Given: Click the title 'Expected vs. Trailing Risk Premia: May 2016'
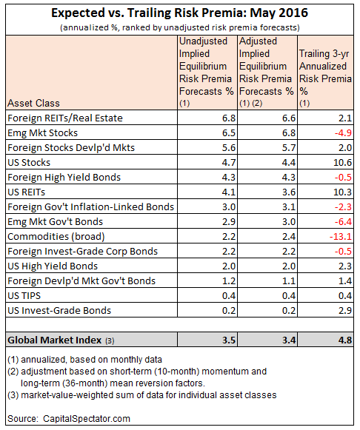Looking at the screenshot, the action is point(180,13).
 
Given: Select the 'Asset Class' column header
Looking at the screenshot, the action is point(33,103).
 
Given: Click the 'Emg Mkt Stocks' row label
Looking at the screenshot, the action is point(42,132).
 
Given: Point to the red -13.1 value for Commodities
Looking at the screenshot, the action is point(341,236).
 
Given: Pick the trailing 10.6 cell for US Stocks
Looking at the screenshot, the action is point(342,162).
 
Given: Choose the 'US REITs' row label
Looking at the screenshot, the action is point(27,192).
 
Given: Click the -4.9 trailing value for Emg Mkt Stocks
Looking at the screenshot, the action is point(343,132).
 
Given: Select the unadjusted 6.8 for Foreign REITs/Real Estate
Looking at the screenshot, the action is point(229,118).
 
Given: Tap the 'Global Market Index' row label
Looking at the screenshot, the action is point(54,340).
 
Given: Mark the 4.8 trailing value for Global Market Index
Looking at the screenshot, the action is point(345,340).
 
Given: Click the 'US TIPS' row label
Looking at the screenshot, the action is point(24,295).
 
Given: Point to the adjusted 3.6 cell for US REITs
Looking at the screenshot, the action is point(289,192).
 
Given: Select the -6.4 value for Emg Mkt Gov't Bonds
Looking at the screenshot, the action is point(343,221).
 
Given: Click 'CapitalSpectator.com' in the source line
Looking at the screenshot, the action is point(87,418).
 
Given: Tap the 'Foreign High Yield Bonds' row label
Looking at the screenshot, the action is point(64,177).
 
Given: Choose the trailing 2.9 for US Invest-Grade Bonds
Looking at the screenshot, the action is point(345,310).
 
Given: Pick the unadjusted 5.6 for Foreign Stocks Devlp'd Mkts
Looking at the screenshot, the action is point(229,147).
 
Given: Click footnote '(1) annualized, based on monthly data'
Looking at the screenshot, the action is point(84,359).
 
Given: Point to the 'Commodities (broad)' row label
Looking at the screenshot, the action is point(56,236).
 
